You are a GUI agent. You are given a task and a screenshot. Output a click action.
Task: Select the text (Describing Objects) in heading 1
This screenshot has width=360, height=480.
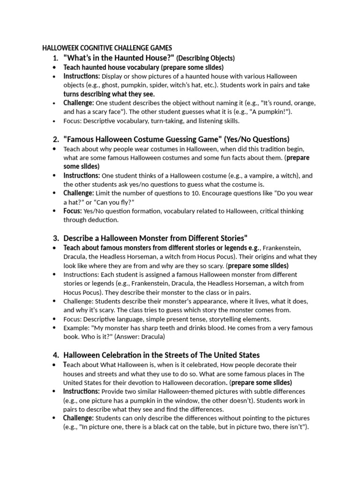pos(205,58)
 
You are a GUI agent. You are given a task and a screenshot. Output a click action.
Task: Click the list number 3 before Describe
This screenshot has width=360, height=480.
pos(55,238)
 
